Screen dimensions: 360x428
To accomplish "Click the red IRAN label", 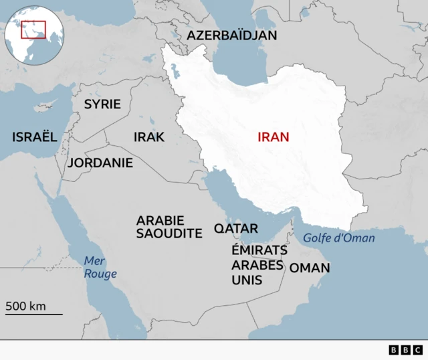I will (x=274, y=137).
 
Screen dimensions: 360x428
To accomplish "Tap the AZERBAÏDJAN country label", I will (x=231, y=35).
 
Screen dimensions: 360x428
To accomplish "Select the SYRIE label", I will (x=102, y=104).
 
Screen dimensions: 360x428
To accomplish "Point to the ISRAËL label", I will (x=34, y=137).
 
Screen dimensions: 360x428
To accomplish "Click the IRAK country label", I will (x=148, y=137).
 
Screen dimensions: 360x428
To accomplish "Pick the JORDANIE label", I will (x=100, y=163).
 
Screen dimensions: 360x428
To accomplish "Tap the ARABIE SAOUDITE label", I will (x=169, y=227).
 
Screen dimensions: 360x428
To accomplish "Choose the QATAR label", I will (x=235, y=228).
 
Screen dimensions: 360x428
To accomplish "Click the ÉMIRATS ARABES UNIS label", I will (x=259, y=264).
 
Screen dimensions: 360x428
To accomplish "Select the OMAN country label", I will (x=309, y=268).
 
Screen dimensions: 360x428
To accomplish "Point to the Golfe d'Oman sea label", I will (x=338, y=238).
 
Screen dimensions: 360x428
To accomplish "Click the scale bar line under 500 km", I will (x=33, y=314).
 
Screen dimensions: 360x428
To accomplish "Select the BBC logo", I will (x=405, y=349).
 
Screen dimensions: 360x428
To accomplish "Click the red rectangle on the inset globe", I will (x=33, y=29).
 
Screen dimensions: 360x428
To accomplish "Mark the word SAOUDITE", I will (x=169, y=234).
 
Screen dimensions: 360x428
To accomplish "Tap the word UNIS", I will (x=246, y=280).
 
